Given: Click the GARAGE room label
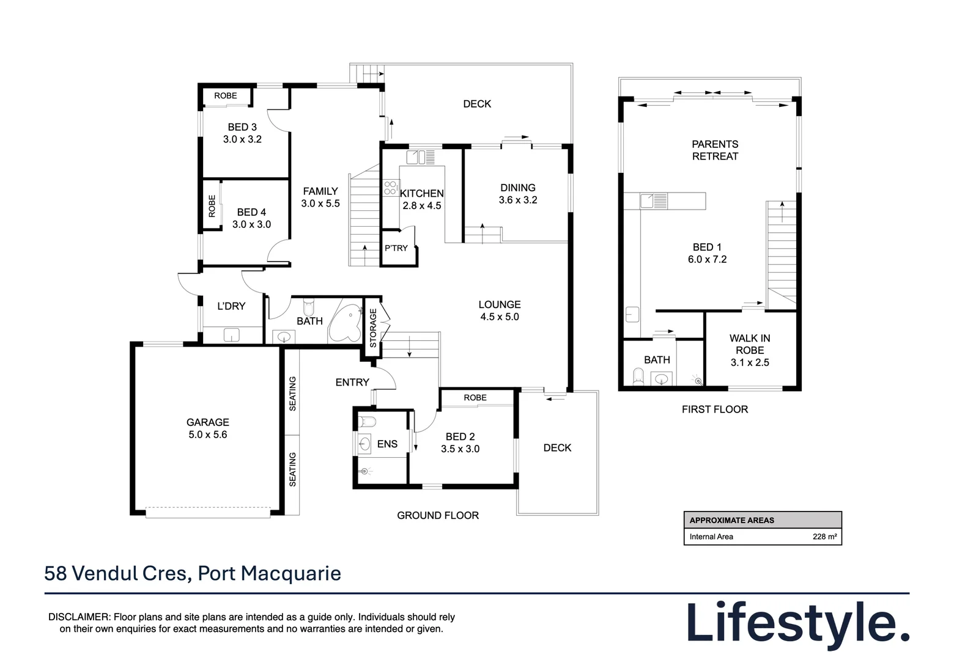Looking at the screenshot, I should point(207,422).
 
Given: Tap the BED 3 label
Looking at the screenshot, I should point(242,127).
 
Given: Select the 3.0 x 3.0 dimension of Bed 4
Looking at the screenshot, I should point(251,224).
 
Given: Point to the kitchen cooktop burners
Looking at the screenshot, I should point(391,188).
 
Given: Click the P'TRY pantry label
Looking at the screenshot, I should point(396,248).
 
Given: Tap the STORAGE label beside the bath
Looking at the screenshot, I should point(373,328).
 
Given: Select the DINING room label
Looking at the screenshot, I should point(517,188).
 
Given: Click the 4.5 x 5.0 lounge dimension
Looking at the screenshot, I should point(499,317).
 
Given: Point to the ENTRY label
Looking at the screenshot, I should point(352,382).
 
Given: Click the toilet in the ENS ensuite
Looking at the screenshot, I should point(367,421).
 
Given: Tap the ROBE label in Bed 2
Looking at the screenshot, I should point(475,398).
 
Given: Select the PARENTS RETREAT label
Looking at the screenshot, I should point(715,150).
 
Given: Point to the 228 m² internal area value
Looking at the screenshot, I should point(824,537).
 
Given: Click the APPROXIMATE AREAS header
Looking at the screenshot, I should point(731,520).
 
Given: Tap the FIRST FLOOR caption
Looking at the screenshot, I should point(715,409).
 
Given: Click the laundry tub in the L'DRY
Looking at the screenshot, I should point(232,335).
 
